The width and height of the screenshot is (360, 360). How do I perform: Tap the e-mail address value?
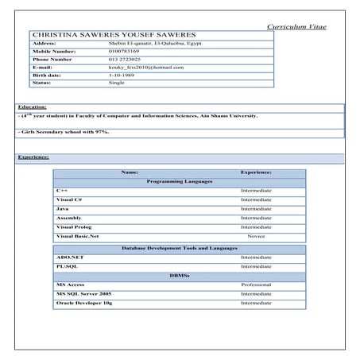click(x=145, y=68)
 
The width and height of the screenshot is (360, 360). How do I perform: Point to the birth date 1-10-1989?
click(x=122, y=75)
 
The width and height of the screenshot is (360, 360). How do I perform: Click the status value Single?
click(x=117, y=83)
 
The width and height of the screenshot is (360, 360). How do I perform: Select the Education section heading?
click(x=32, y=106)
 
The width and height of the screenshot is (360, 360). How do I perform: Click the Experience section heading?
click(x=33, y=157)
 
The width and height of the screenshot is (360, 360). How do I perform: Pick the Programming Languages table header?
click(x=179, y=181)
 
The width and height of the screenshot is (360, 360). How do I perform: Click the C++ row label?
click(x=63, y=191)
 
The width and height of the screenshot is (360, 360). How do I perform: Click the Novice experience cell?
click(x=256, y=236)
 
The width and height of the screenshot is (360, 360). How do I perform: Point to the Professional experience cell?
click(x=256, y=284)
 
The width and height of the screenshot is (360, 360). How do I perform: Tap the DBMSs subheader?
click(x=179, y=275)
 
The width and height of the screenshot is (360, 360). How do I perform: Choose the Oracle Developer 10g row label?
click(x=83, y=303)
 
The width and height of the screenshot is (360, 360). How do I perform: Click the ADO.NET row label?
click(x=69, y=257)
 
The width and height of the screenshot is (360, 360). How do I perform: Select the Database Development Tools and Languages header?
click(x=179, y=248)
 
